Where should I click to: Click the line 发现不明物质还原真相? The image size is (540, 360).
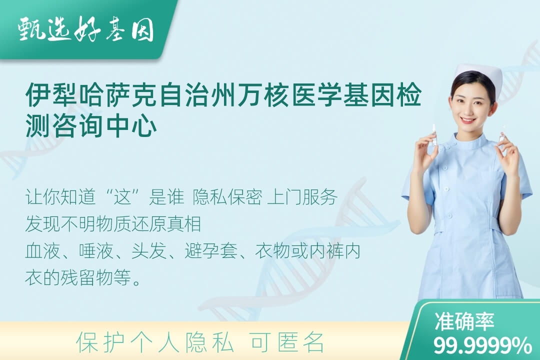tap(113, 223)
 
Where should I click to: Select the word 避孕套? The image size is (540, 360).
tap(211, 250)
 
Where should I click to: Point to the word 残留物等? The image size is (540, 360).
tap(95, 277)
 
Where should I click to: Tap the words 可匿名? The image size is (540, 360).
tap(287, 342)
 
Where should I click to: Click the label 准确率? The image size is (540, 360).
tap(464, 321)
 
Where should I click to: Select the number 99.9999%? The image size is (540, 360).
tap(482, 345)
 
